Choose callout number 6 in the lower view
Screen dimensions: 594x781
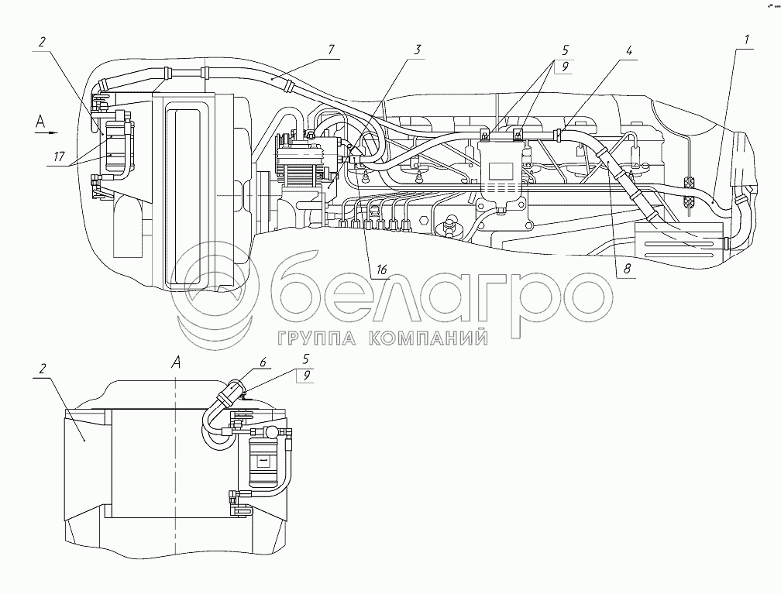(x=263, y=362)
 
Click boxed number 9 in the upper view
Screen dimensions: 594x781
(x=565, y=67)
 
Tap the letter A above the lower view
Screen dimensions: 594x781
(x=177, y=361)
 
